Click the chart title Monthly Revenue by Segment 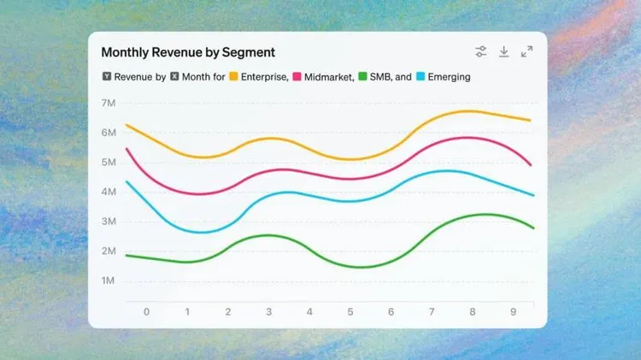(188, 52)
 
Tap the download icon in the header (504, 52)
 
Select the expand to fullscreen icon (527, 52)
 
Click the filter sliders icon (481, 52)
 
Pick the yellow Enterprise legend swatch (233, 77)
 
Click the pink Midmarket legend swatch (297, 77)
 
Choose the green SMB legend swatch (362, 77)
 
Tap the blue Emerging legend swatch (420, 77)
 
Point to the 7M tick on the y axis (109, 103)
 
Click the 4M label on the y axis (109, 192)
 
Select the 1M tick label (109, 280)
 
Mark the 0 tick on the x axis (146, 312)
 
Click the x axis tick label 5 (350, 312)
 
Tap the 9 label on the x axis (514, 312)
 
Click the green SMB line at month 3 (268, 235)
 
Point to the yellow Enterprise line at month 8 (473, 111)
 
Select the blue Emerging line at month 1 (187, 231)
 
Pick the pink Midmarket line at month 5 (350, 179)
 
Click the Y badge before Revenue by (106, 77)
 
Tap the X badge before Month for (174, 77)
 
